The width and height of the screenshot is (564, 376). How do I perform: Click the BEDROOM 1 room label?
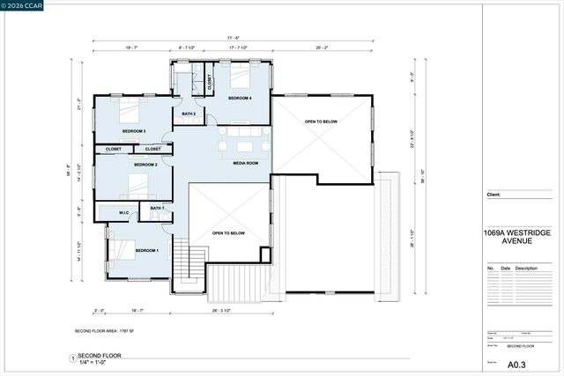145,251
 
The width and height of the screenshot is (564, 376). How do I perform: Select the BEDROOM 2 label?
145,165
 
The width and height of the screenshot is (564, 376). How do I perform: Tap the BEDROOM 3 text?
134,131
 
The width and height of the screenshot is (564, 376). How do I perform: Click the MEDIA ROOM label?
245,163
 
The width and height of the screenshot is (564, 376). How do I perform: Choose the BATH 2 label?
189,114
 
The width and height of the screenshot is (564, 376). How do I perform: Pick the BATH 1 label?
157,208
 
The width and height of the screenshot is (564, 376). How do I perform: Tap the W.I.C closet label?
124,212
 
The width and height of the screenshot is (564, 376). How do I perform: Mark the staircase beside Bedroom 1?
182,262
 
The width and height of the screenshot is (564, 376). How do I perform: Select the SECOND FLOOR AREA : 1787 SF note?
110,330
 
